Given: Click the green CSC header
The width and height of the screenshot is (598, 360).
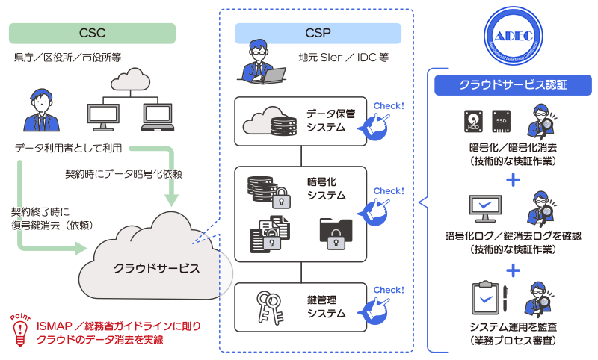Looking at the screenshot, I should tap(91, 33).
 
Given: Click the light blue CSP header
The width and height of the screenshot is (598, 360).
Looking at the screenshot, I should tap(318, 33).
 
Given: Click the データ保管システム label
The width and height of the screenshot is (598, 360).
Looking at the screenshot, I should tap(330, 120).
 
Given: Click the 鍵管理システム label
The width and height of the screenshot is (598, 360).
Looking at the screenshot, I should tap(327, 306).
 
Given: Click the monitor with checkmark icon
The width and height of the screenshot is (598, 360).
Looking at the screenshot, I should tap(486, 210).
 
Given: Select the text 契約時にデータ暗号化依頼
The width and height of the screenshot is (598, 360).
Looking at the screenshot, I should tap(124, 173).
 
